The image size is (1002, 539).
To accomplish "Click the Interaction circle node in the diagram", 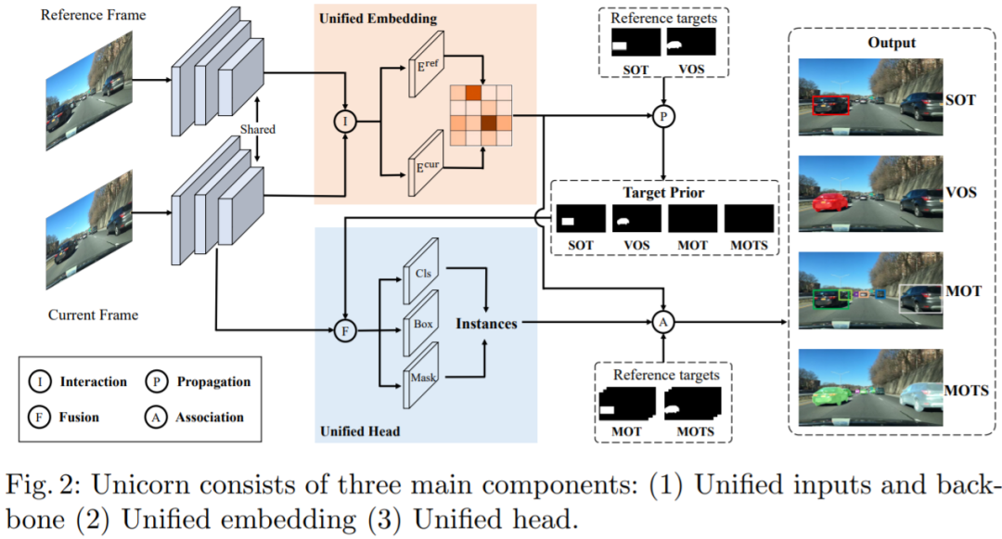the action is click(345, 121).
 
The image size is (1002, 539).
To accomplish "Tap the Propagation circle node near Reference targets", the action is click(663, 116).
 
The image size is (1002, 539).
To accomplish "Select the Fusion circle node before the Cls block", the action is click(345, 331).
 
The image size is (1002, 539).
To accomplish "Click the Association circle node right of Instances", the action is click(663, 322).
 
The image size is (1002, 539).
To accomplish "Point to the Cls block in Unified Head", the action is click(420, 271).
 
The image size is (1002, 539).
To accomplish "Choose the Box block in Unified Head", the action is click(420, 323).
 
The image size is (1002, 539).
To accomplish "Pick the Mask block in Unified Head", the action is click(420, 376).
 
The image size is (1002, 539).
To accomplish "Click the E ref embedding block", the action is click(426, 64).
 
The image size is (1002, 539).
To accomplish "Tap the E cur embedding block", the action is click(426, 163).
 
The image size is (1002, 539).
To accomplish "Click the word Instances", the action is click(486, 324).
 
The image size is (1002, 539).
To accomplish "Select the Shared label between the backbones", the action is click(258, 129).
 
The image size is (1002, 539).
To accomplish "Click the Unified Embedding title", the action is click(378, 18).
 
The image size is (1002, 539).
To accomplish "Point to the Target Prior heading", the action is click(663, 192).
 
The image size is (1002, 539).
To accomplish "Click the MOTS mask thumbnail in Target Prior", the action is click(749, 218).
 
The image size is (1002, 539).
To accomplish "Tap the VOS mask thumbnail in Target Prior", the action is click(636, 218).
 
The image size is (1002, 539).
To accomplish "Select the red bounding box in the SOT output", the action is click(830, 106).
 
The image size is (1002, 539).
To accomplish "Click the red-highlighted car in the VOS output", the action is click(830, 201).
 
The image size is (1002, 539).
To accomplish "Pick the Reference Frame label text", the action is click(94, 15).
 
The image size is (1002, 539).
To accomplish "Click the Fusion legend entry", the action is click(64, 417).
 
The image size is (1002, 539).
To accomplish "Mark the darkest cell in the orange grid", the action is click(489, 122).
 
